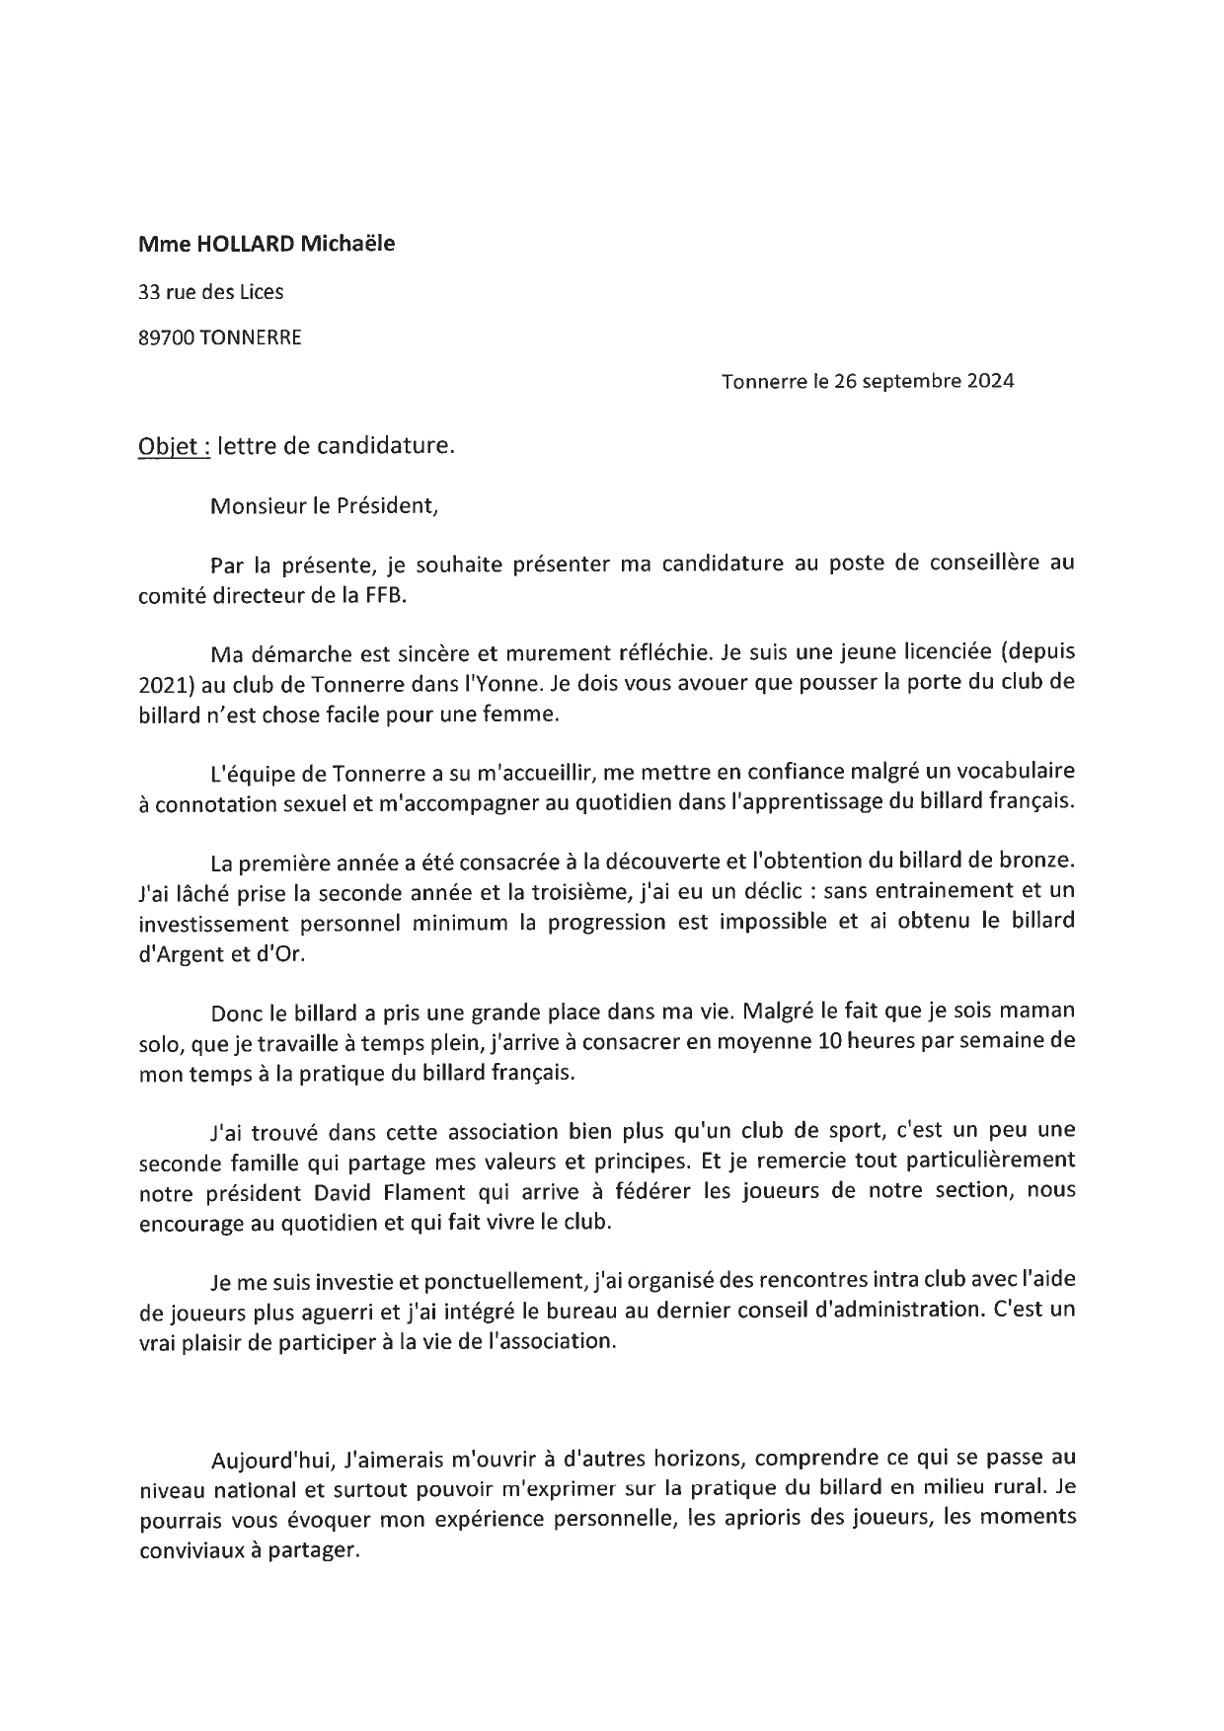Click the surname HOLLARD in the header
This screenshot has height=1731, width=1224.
[x=234, y=243]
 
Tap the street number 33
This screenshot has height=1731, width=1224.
[x=149, y=291]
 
